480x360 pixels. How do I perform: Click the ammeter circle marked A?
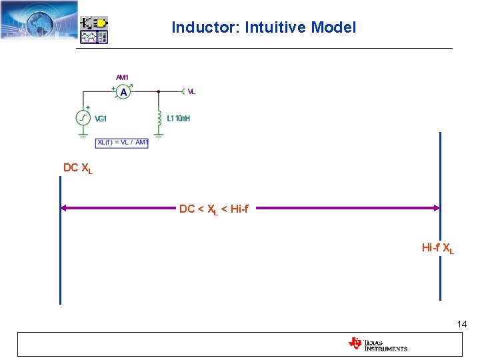pyautogui.click(x=123, y=93)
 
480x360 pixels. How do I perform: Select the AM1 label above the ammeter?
pyautogui.click(x=123, y=77)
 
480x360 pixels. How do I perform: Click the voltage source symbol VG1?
pyautogui.click(x=83, y=118)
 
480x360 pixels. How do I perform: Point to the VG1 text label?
pyautogui.click(x=101, y=119)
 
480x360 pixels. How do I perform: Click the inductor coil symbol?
pyautogui.click(x=159, y=117)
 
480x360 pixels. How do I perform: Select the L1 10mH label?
pyautogui.click(x=179, y=119)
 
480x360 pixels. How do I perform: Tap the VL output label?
pyautogui.click(x=191, y=91)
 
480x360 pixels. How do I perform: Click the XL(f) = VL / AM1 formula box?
pyautogui.click(x=122, y=142)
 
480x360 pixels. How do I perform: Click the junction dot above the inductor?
pyautogui.click(x=159, y=91)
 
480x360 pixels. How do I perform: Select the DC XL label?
pyautogui.click(x=77, y=168)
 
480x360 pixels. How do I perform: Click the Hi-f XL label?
pyautogui.click(x=437, y=248)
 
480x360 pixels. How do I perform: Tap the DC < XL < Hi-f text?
pyautogui.click(x=213, y=209)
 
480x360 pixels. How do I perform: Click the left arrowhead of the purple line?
pyautogui.click(x=64, y=208)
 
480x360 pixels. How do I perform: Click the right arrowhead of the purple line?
pyautogui.click(x=436, y=208)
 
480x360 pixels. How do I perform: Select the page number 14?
pyautogui.click(x=462, y=324)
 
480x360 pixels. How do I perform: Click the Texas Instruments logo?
pyautogui.click(x=377, y=344)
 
